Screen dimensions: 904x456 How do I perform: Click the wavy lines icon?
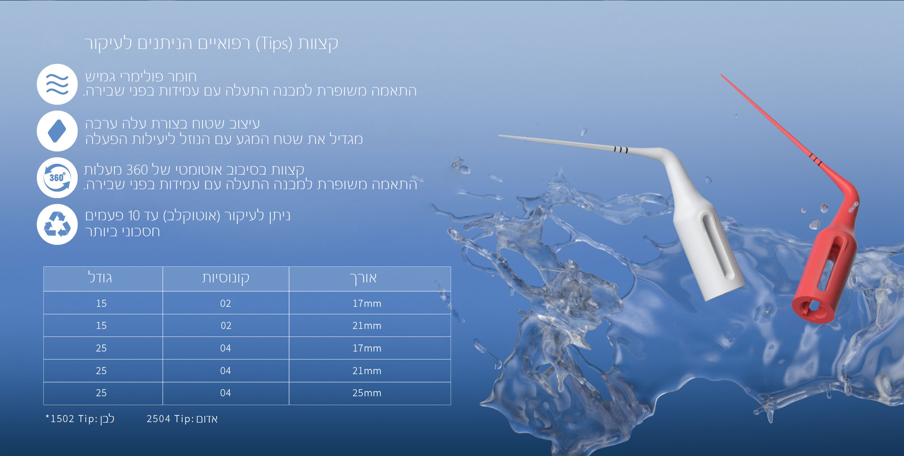pyautogui.click(x=57, y=84)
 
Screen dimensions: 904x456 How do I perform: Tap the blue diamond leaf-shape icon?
pyautogui.click(x=57, y=131)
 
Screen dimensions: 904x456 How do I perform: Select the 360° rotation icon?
pyautogui.click(x=57, y=177)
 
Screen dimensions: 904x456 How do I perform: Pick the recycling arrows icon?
pyautogui.click(x=57, y=224)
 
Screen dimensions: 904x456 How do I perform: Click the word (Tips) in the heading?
pyautogui.click(x=274, y=44)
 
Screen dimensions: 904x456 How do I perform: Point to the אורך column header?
pyautogui.click(x=363, y=278)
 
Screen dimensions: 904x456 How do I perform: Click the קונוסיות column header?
pyautogui.click(x=226, y=278)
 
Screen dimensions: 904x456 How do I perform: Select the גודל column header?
pyautogui.click(x=100, y=277)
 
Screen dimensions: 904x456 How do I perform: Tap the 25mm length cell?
pyautogui.click(x=367, y=393)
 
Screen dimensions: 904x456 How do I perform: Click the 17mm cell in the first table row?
pyautogui.click(x=367, y=304)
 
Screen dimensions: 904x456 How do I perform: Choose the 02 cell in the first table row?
pyautogui.click(x=226, y=304)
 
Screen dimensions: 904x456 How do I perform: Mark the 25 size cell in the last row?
pyautogui.click(x=101, y=393)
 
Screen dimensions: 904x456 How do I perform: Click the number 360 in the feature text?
pyautogui.click(x=137, y=170)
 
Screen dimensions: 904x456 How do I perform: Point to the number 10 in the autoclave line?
pyautogui.click(x=134, y=216)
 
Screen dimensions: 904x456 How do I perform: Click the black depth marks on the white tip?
pyautogui.click(x=621, y=150)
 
